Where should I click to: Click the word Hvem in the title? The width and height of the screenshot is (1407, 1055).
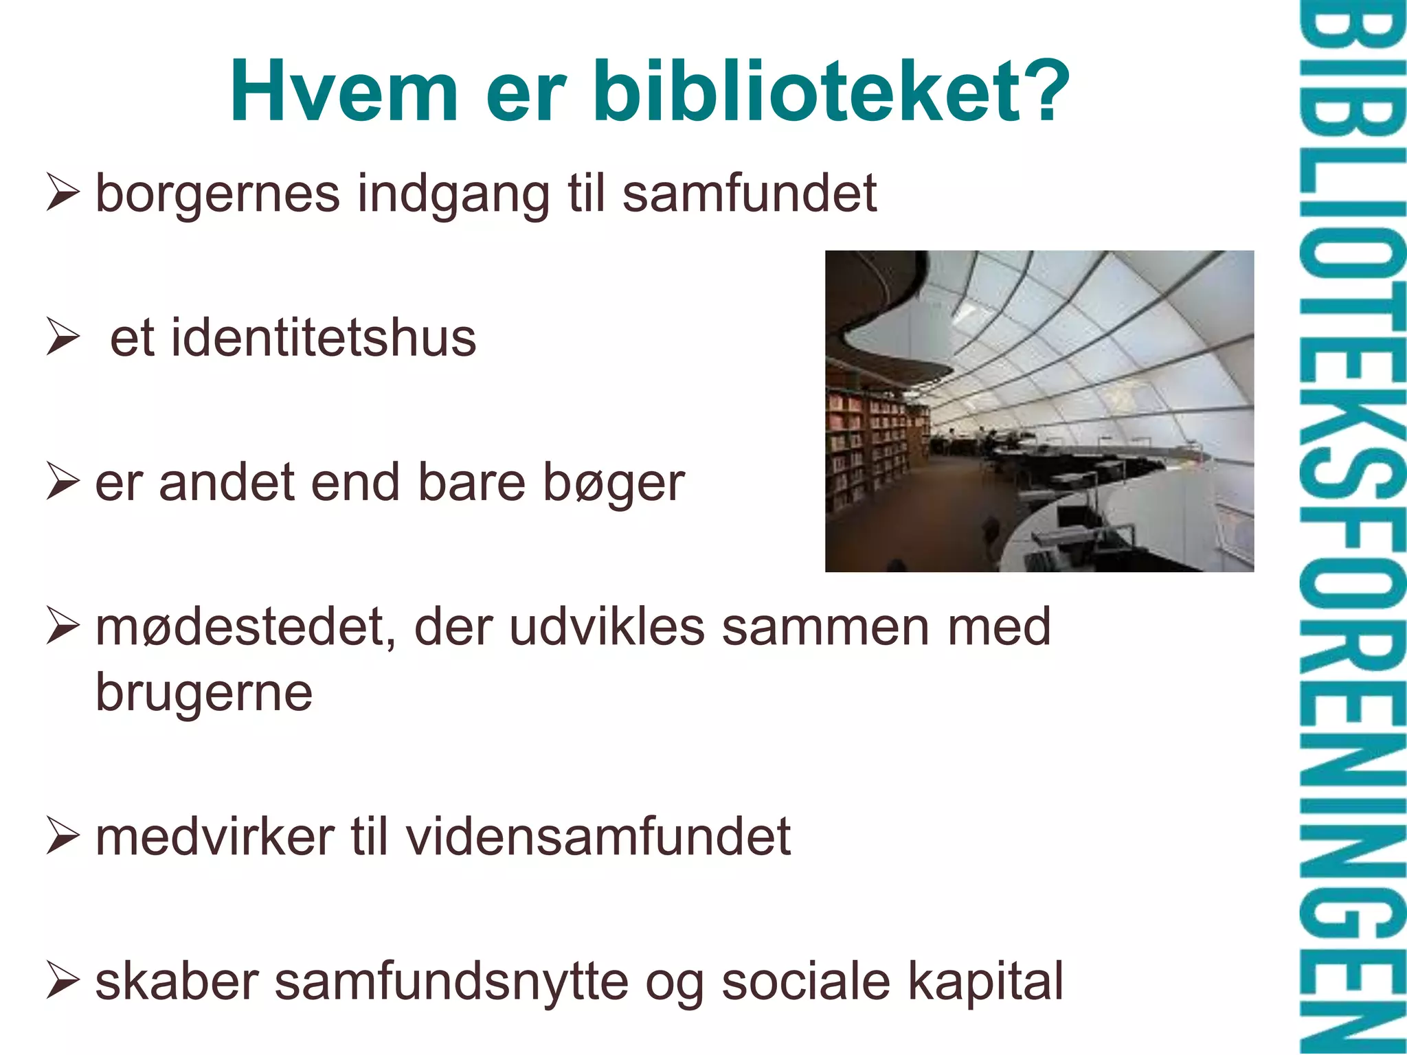coord(344,91)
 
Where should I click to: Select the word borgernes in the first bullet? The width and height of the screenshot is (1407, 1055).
coord(217,194)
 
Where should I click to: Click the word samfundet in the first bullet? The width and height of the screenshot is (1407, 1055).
coord(750,194)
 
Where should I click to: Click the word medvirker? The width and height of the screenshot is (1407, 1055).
coord(214,837)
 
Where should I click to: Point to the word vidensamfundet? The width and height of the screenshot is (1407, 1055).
coord(598,837)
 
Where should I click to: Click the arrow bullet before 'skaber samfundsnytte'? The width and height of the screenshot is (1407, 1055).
coord(63,981)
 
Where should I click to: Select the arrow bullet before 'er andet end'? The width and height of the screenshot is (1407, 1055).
coord(63,481)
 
